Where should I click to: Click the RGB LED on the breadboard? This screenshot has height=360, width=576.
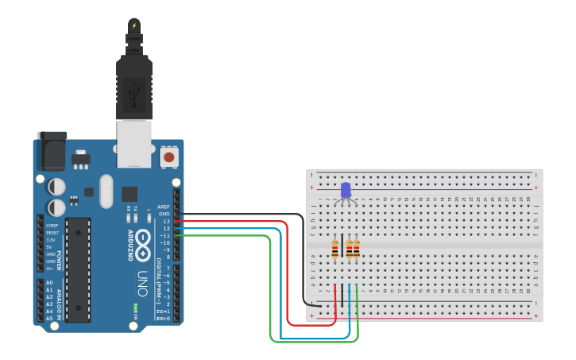pyautogui.click(x=346, y=191)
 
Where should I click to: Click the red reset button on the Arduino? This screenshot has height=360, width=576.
pyautogui.click(x=168, y=157)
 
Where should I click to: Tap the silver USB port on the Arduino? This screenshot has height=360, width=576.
pyautogui.click(x=133, y=143)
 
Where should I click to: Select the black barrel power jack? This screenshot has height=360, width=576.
pyautogui.click(x=52, y=151)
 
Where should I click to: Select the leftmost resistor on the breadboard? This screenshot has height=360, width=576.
pyautogui.click(x=335, y=249)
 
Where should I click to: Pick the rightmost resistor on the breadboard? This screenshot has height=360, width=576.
pyautogui.click(x=357, y=249)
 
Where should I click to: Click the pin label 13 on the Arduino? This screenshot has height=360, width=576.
pyautogui.click(x=165, y=221)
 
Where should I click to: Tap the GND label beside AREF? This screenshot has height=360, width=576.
pyautogui.click(x=164, y=214)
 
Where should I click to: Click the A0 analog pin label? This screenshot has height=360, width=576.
pyautogui.click(x=48, y=283)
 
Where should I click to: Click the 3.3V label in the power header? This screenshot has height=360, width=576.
pyautogui.click(x=51, y=239)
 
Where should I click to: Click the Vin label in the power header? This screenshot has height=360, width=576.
pyautogui.click(x=50, y=269)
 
